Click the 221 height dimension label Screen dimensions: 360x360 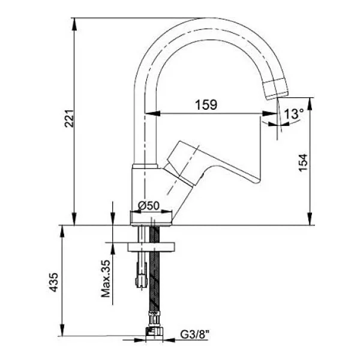click(x=69, y=119)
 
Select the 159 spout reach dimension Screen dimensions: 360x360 click(x=206, y=104)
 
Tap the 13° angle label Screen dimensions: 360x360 click(x=294, y=113)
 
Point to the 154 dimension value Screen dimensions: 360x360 click(x=302, y=163)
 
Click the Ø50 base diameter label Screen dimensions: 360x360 click(x=149, y=205)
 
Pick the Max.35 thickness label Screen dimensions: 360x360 click(x=106, y=278)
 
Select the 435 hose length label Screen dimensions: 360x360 click(x=54, y=282)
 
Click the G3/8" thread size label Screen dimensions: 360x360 click(x=195, y=334)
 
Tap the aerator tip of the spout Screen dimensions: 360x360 click(x=276, y=89)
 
